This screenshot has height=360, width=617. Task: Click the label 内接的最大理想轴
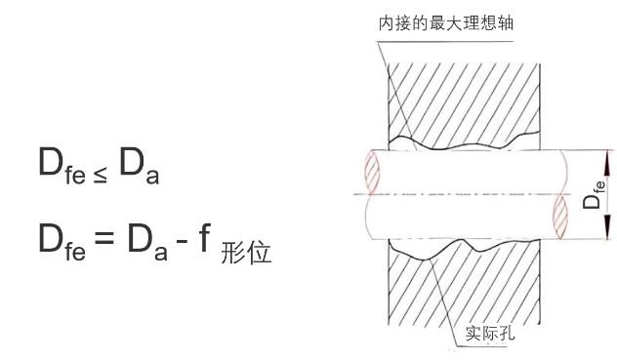(x=445, y=21)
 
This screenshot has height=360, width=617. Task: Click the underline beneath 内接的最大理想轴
(x=445, y=35)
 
